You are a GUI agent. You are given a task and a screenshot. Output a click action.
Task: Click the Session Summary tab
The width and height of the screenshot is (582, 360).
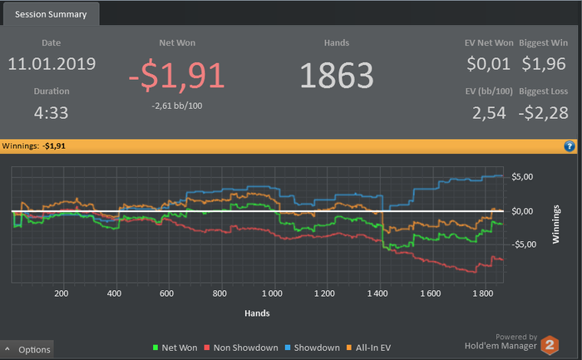click(51, 14)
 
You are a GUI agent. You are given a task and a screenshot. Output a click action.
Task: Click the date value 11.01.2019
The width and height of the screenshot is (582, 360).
click(52, 64)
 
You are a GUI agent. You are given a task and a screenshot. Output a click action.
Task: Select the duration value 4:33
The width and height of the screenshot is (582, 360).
click(52, 112)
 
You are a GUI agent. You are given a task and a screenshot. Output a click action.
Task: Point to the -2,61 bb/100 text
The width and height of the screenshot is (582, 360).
click(177, 106)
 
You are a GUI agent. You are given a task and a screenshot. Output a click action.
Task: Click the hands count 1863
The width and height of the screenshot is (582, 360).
click(337, 76)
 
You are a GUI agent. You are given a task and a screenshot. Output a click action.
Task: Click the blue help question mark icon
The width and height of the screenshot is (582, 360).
click(570, 145)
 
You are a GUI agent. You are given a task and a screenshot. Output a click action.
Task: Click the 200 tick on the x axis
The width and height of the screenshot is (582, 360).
click(61, 294)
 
